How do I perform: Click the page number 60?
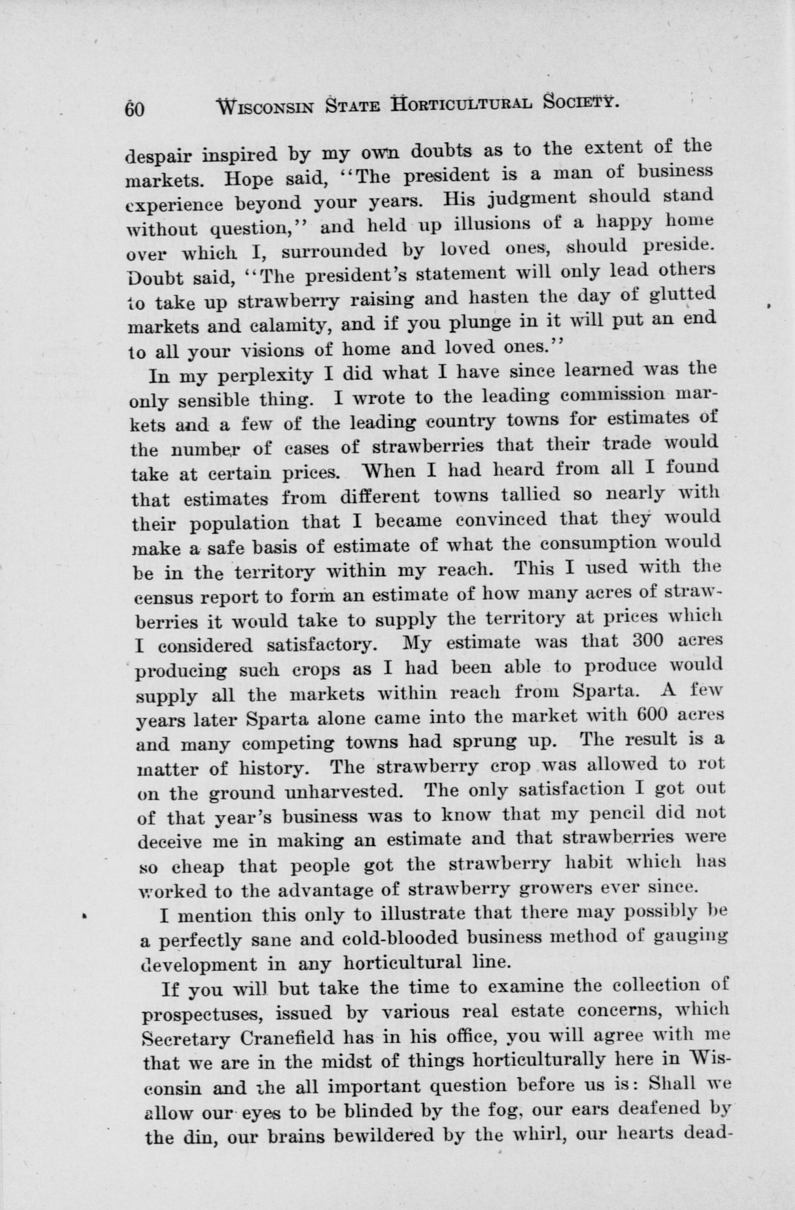coord(135,108)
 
